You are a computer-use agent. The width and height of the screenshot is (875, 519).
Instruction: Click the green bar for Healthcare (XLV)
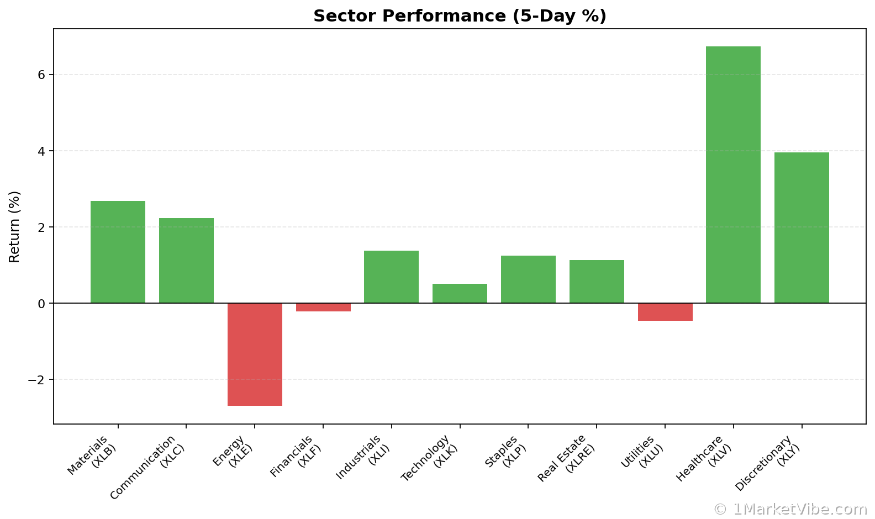pos(733,174)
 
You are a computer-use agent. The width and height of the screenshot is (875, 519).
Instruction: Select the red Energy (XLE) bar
pos(255,354)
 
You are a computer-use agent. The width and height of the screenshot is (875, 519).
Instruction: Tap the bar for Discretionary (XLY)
pos(802,227)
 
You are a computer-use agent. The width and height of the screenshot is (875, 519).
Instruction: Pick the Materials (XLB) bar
pos(118,252)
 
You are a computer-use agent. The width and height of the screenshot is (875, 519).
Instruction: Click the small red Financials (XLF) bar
pos(323,307)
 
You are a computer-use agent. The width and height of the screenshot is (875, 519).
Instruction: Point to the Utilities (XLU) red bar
pos(665,311)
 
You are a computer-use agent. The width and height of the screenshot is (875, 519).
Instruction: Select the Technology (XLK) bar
pos(460,293)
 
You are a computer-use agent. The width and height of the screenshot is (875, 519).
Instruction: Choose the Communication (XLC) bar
pos(186,261)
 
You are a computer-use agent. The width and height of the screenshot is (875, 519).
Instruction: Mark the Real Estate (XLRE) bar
pos(597,282)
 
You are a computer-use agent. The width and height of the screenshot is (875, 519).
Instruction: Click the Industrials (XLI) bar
pos(391,277)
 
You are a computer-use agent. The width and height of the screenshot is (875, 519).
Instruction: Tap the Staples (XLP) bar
pos(528,279)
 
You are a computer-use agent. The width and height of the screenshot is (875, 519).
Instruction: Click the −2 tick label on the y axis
pos(36,380)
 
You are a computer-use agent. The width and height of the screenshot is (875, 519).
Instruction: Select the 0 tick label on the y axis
pos(41,304)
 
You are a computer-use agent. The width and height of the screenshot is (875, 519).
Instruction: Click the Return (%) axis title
pos(14,226)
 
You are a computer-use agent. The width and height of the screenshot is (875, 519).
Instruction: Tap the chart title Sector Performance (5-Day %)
pos(460,16)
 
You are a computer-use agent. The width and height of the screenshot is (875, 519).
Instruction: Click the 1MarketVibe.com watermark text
pos(790,509)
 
